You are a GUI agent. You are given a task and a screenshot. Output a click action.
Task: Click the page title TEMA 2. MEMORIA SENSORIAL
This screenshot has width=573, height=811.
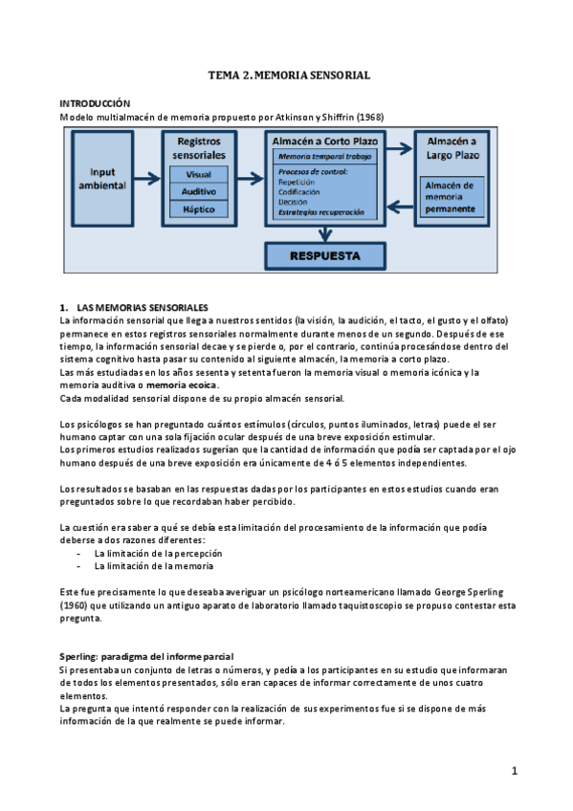pyautogui.click(x=289, y=74)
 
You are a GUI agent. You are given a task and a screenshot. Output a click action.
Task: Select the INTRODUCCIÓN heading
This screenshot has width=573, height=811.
pyautogui.click(x=95, y=102)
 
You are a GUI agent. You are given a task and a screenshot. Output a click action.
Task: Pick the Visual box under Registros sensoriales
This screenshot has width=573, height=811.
pyautogui.click(x=199, y=175)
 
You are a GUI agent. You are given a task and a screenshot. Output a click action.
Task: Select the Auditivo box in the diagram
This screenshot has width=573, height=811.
pyautogui.click(x=199, y=191)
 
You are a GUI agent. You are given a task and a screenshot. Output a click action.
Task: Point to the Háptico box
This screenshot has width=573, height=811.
pyautogui.click(x=199, y=208)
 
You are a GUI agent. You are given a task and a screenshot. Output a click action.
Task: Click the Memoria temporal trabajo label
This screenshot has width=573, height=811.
pyautogui.click(x=327, y=155)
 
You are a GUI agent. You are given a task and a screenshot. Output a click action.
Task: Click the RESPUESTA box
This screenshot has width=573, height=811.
pyautogui.click(x=326, y=256)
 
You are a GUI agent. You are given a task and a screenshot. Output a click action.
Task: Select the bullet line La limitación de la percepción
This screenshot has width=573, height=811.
pyautogui.click(x=158, y=553)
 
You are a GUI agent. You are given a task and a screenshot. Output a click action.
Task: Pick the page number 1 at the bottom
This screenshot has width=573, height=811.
pyautogui.click(x=514, y=771)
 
